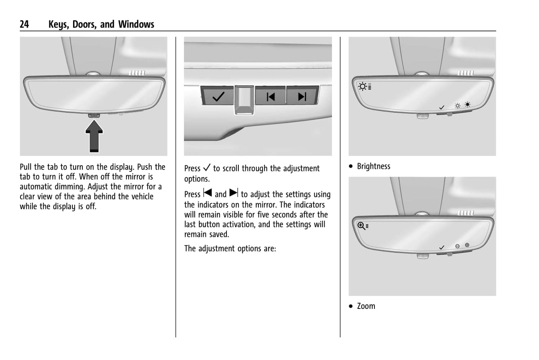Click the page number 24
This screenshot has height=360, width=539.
pyautogui.click(x=24, y=24)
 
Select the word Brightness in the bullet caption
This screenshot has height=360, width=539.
pyautogui.click(x=373, y=166)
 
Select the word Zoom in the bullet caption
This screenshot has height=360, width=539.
pyautogui.click(x=366, y=306)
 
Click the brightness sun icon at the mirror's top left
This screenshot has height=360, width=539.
pyautogui.click(x=363, y=87)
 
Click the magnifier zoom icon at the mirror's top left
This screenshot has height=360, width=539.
pyautogui.click(x=361, y=226)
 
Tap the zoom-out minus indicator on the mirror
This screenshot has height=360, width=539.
pyautogui.click(x=457, y=246)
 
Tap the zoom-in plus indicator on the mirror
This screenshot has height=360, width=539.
pyautogui.click(x=467, y=245)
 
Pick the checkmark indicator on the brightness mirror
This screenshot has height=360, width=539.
pyautogui.click(x=442, y=107)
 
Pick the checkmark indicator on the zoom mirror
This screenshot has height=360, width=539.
pyautogui.click(x=442, y=247)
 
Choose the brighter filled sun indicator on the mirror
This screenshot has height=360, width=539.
pyautogui.click(x=467, y=105)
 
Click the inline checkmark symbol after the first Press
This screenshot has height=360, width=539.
pyautogui.click(x=207, y=168)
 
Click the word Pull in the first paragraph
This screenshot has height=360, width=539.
pyautogui.click(x=26, y=167)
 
